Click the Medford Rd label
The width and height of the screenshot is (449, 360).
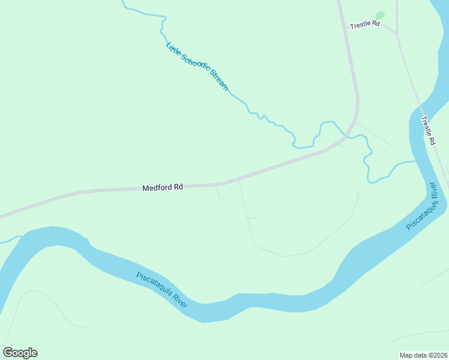click(162, 187)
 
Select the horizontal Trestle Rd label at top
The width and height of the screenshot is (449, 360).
click(365, 24)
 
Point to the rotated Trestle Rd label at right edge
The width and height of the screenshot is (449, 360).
click(427, 130)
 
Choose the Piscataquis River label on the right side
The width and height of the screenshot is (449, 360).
click(424, 206)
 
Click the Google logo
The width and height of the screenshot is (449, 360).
click(20, 353)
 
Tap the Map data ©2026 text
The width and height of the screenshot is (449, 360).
click(423, 355)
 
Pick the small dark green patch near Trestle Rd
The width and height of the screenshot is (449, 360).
click(379, 15)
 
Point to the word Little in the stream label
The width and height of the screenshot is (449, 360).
click(172, 47)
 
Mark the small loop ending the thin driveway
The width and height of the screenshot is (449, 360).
click(358, 195)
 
